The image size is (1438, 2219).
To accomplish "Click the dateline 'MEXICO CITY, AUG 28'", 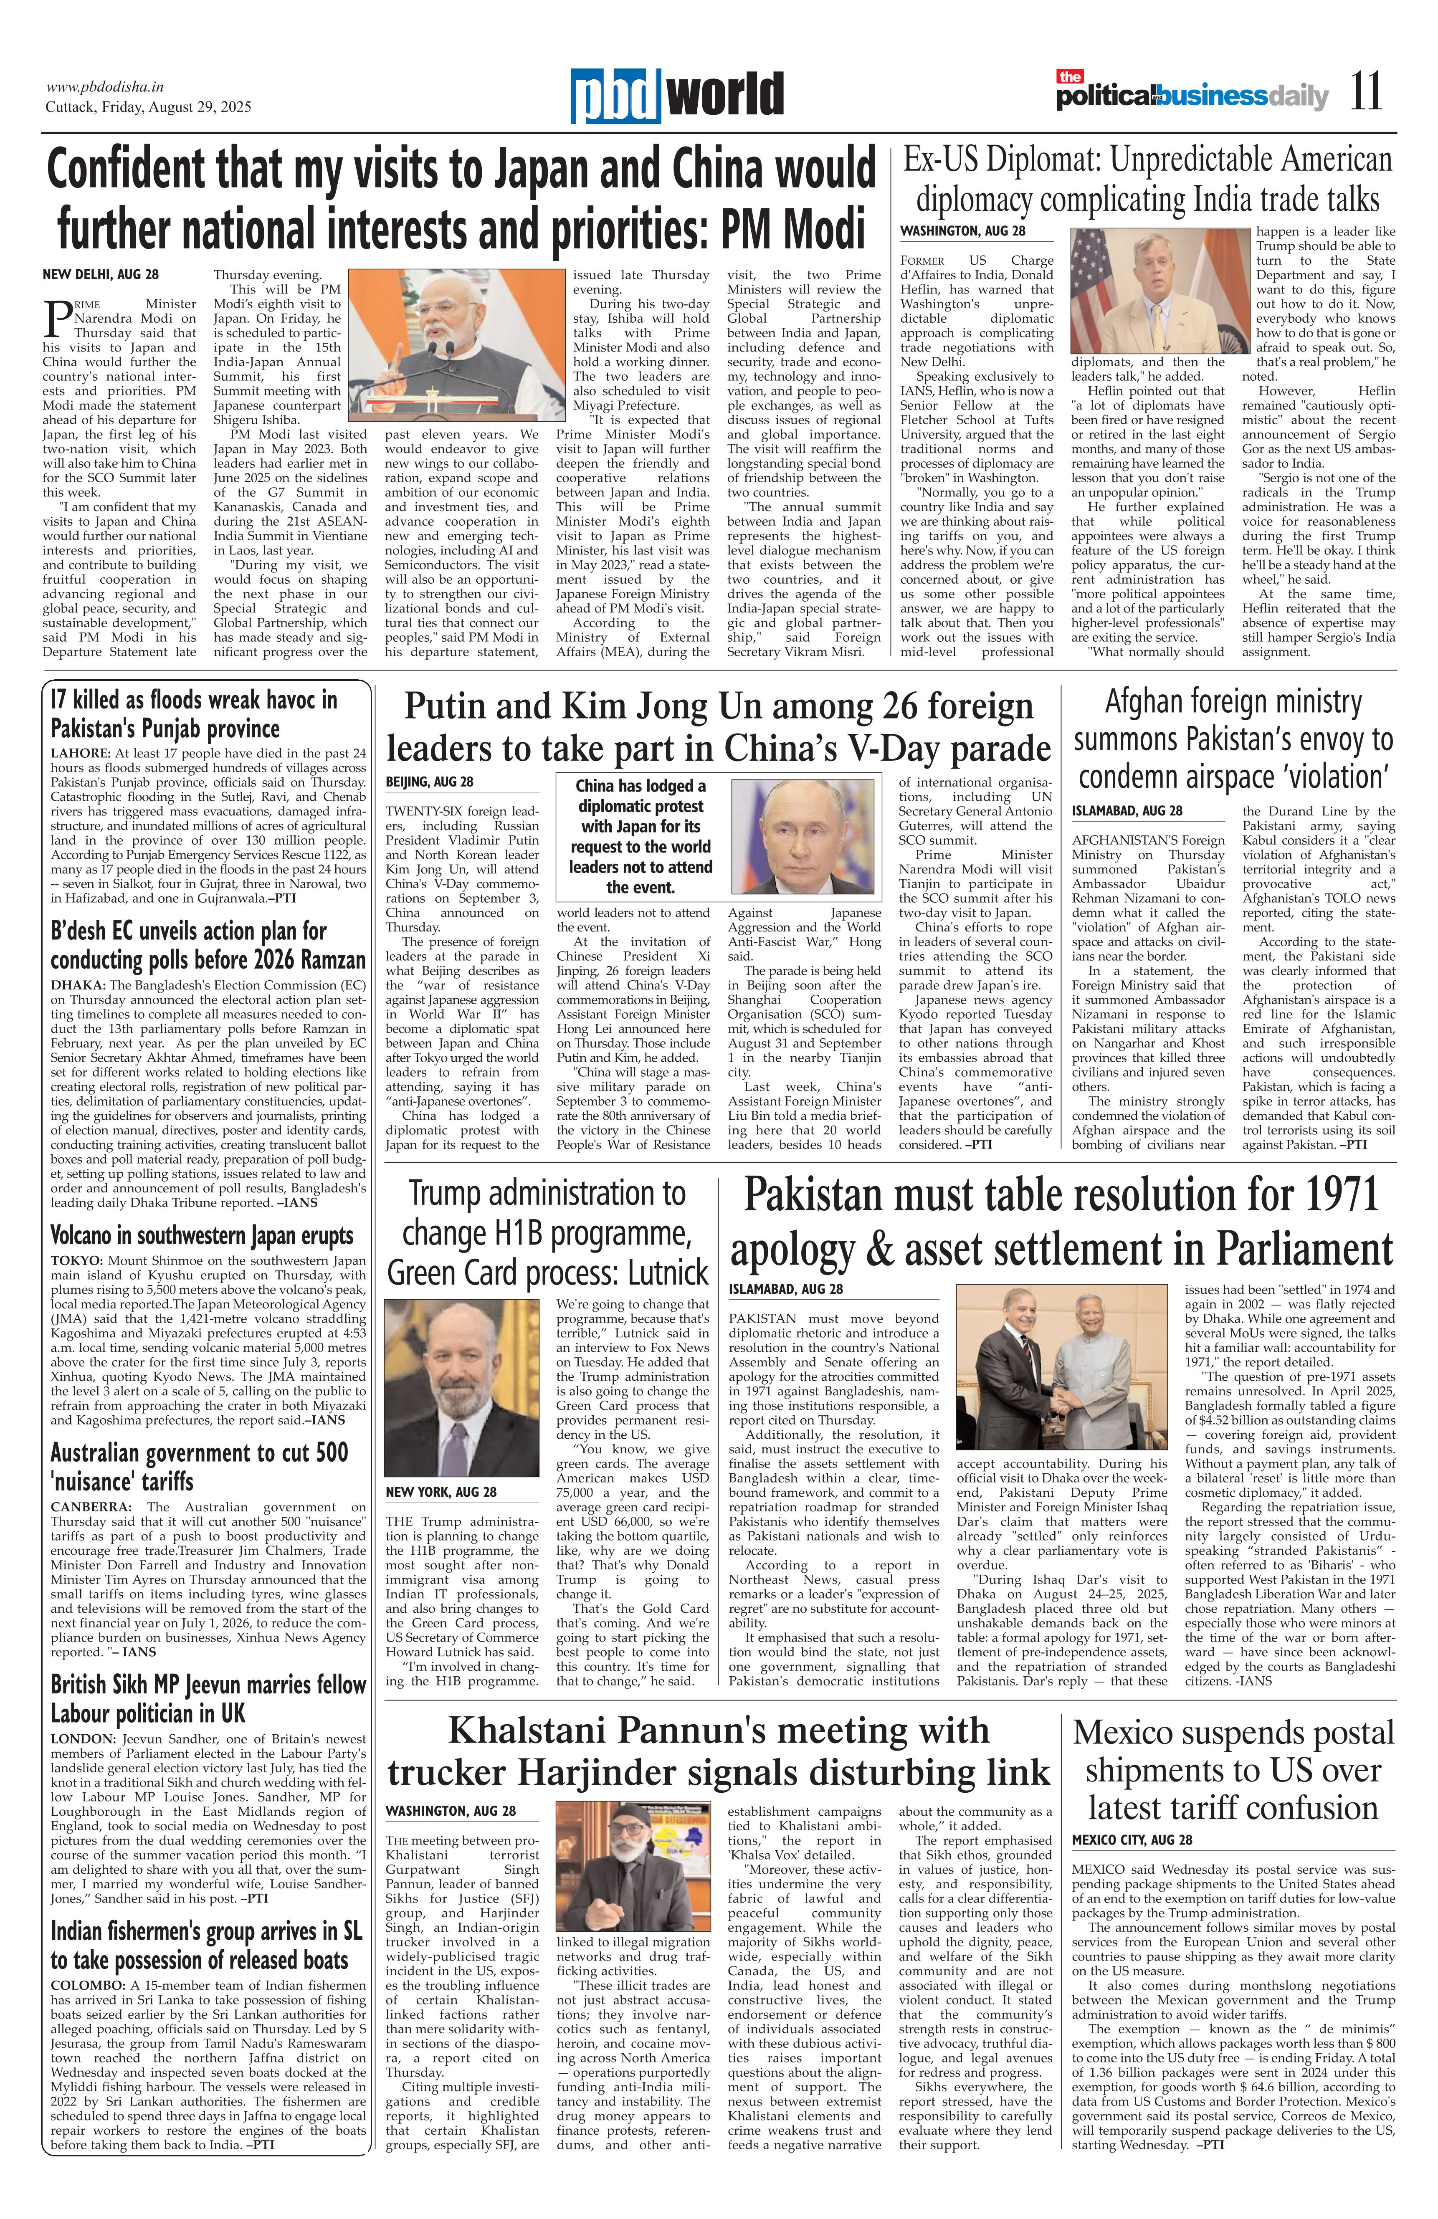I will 1131,1839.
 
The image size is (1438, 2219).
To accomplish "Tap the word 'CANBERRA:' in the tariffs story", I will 91,1507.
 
